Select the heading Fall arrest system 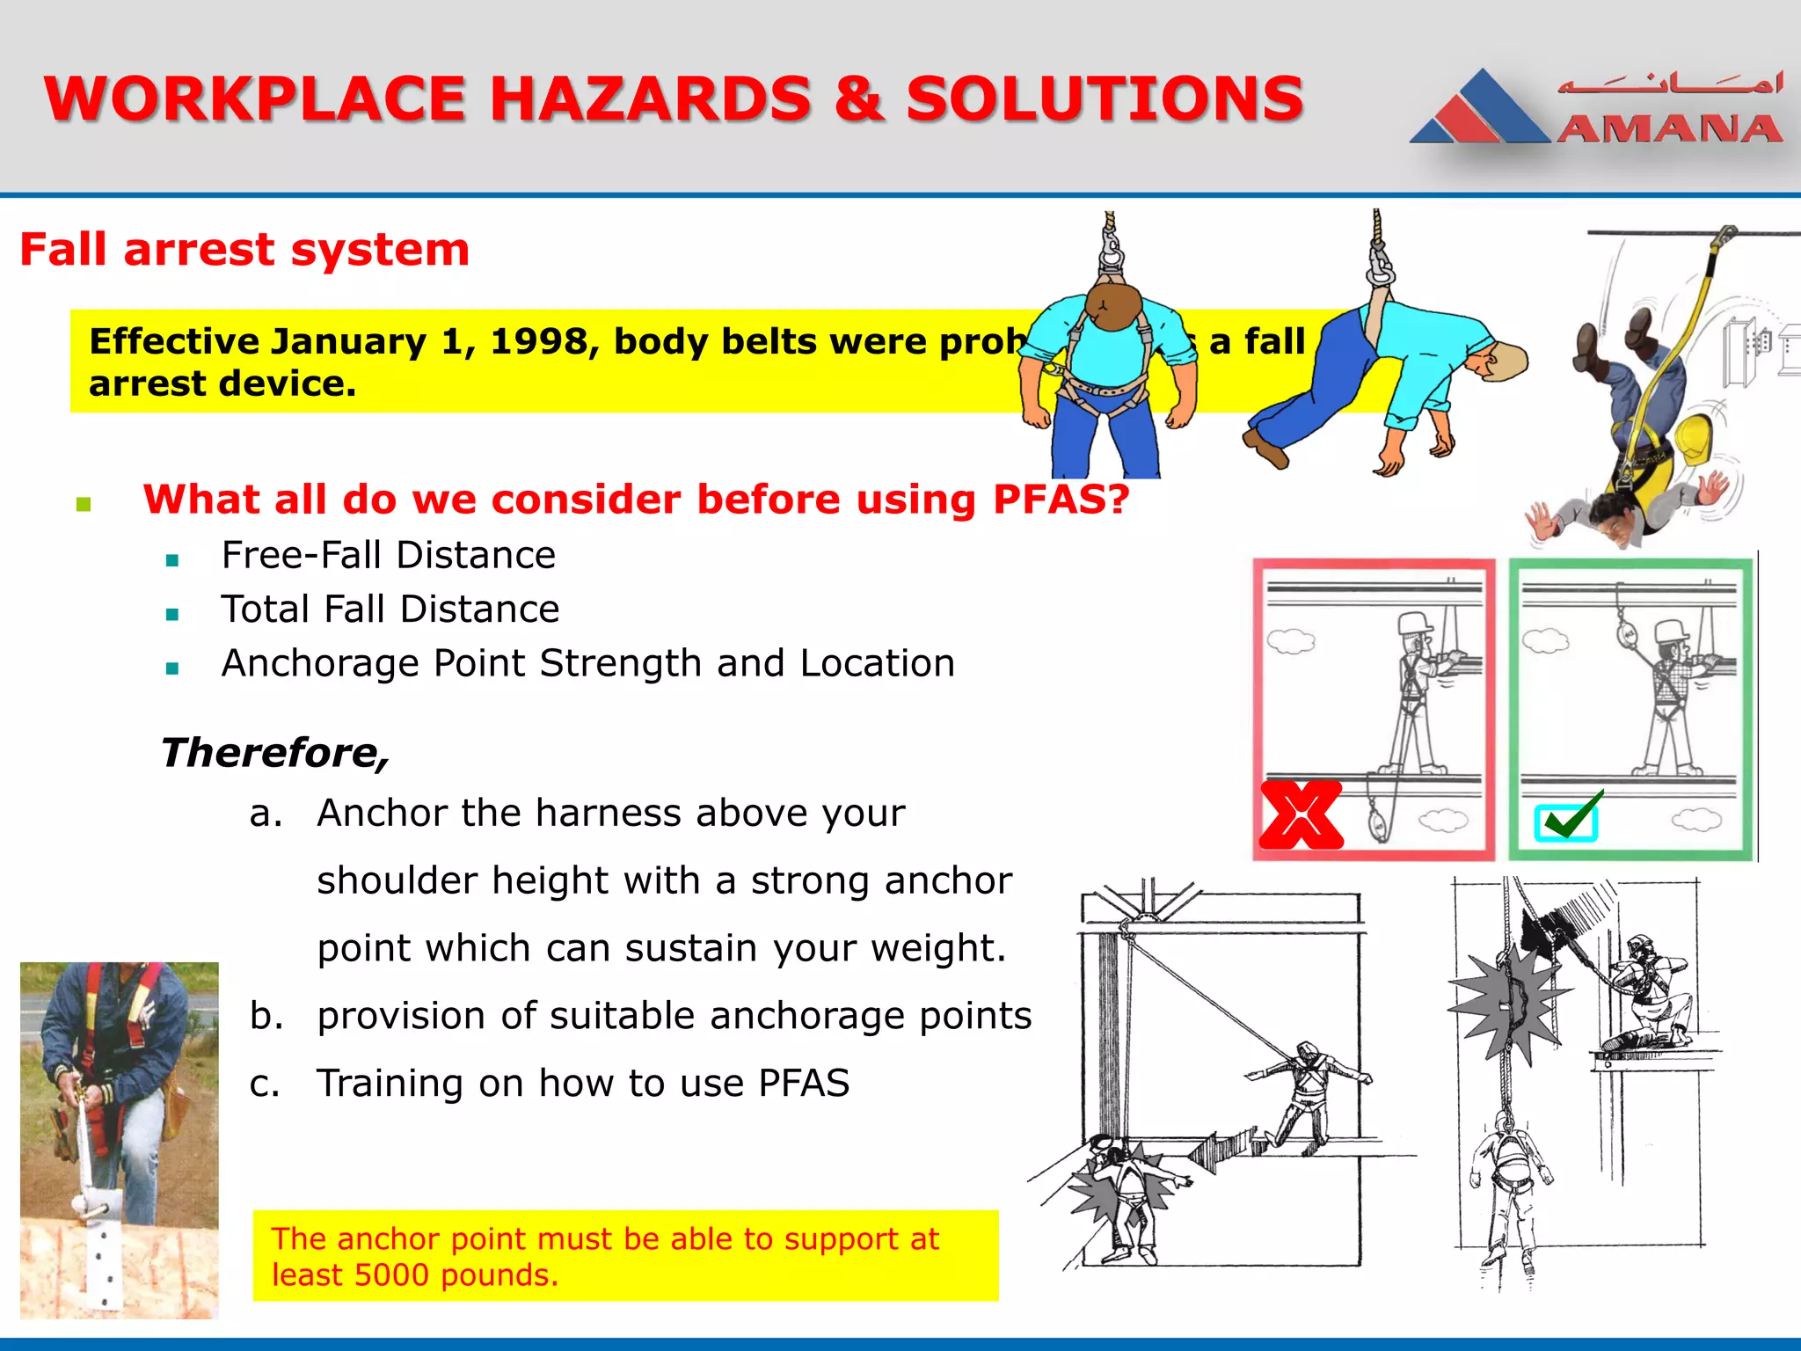pos(244,250)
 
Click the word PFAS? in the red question pos(1061,500)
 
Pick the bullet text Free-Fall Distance pos(389,555)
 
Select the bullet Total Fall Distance pos(390,610)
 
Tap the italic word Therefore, pos(274,753)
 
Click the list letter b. pos(266,1016)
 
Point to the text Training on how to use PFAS pos(583,1084)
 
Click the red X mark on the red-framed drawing pos(1301,814)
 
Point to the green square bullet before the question pos(84,504)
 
